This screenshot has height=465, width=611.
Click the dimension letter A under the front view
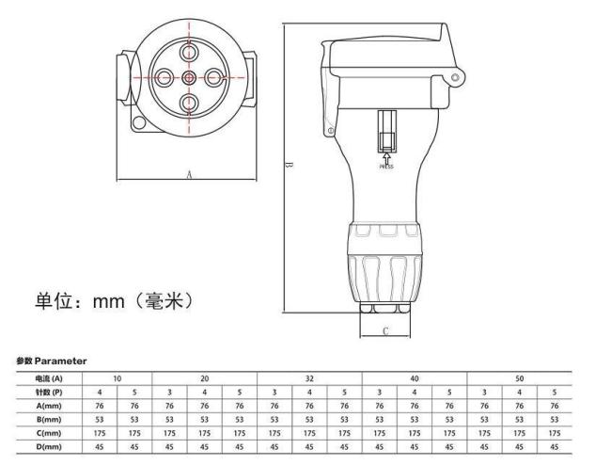(189, 174)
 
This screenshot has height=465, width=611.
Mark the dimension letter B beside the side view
(289, 166)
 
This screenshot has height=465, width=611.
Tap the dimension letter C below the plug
(386, 330)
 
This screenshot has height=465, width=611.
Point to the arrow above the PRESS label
(386, 157)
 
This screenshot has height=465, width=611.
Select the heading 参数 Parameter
(51, 361)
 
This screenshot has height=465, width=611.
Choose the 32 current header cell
(309, 378)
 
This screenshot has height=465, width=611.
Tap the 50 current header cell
(520, 378)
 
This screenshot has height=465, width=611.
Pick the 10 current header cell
(117, 378)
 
